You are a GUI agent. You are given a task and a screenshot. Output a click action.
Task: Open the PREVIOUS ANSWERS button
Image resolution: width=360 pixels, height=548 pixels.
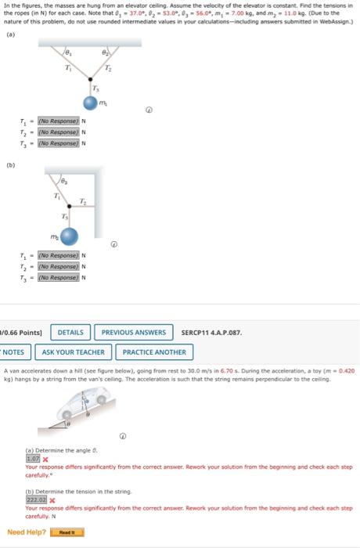(x=134, y=333)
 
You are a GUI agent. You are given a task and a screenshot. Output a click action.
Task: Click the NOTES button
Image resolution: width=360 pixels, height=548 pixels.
(x=17, y=352)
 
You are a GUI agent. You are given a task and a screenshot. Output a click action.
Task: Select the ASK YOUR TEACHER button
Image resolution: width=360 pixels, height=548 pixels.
(x=77, y=352)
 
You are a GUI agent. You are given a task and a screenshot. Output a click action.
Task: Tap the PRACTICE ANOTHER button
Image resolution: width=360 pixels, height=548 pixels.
(x=154, y=352)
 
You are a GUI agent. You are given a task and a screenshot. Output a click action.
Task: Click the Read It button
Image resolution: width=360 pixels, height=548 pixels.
(x=67, y=533)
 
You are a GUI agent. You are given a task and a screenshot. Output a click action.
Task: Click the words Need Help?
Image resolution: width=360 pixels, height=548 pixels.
(x=27, y=533)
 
